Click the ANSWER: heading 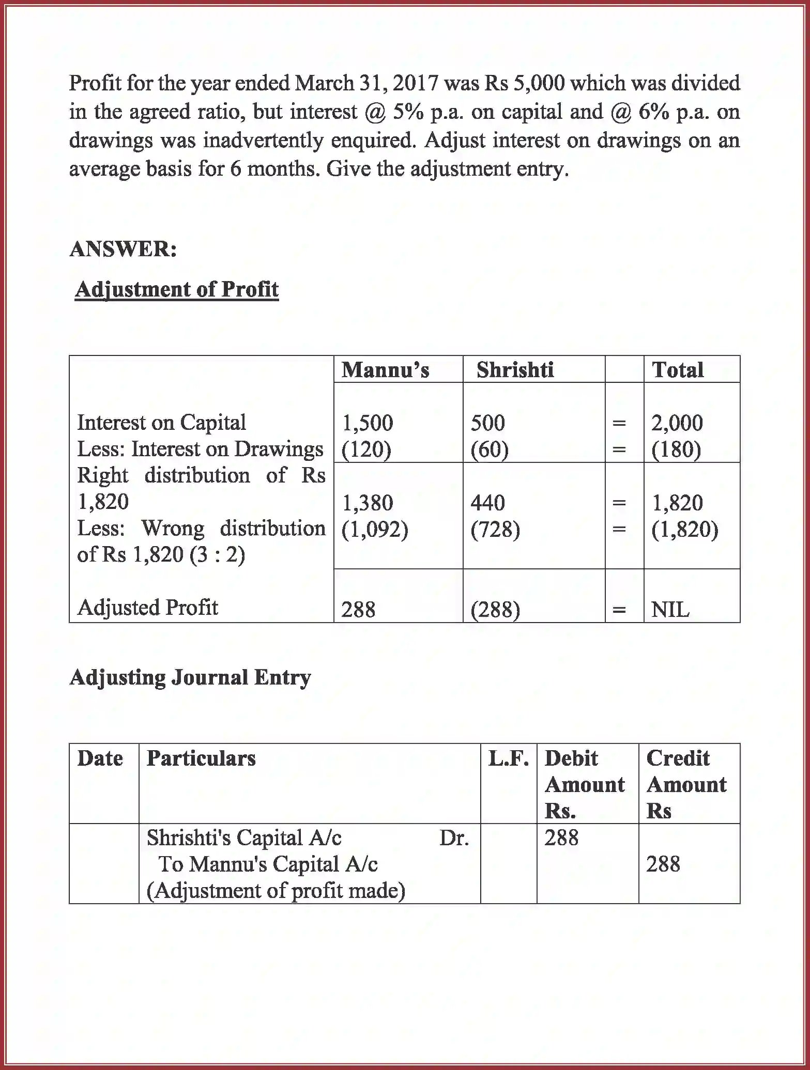click(x=123, y=249)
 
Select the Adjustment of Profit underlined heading click(x=176, y=289)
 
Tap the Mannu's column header click(x=385, y=370)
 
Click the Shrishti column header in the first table click(x=515, y=370)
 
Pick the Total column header click(x=678, y=370)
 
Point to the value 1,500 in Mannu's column click(x=367, y=423)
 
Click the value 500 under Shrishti click(x=487, y=423)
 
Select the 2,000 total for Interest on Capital click(x=677, y=423)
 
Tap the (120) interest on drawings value click(x=366, y=449)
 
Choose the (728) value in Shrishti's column click(x=495, y=530)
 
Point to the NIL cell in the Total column click(x=670, y=610)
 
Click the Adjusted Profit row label click(x=147, y=608)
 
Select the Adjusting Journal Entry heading click(x=190, y=677)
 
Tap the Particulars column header click(x=201, y=758)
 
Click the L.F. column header click(x=508, y=758)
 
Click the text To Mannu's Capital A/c click(x=268, y=864)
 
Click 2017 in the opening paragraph click(x=415, y=83)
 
